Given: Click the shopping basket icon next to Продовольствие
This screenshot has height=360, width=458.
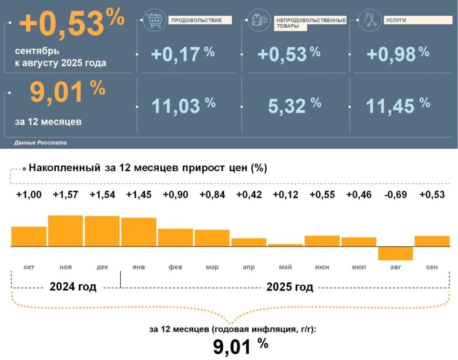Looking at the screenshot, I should (154, 21).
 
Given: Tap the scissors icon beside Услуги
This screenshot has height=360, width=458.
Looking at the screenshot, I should (370, 21).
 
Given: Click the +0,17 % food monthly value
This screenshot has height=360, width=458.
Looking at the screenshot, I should (182, 54).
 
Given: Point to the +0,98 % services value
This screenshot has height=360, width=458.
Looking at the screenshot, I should (397, 54).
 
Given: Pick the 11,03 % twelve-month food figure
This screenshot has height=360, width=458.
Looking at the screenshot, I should (183, 105).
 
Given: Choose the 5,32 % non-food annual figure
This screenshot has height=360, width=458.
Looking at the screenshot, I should (294, 105).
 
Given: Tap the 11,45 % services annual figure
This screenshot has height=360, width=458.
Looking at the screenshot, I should (397, 105).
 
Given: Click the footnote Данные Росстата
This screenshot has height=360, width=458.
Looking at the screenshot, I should (41, 143).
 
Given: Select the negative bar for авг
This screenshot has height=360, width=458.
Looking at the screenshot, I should (396, 253).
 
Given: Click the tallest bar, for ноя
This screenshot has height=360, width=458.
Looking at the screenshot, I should (66, 231).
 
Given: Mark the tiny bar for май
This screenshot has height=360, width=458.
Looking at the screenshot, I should (285, 245).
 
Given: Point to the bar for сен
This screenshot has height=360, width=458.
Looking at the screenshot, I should (432, 241).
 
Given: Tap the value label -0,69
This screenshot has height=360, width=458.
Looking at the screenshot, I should (396, 195).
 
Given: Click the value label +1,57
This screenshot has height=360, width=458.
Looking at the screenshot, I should (66, 195).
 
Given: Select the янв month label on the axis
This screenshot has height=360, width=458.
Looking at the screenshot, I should (139, 267).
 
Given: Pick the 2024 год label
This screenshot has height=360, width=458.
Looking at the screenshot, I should (73, 287).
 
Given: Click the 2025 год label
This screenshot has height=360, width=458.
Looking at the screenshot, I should (290, 287).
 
